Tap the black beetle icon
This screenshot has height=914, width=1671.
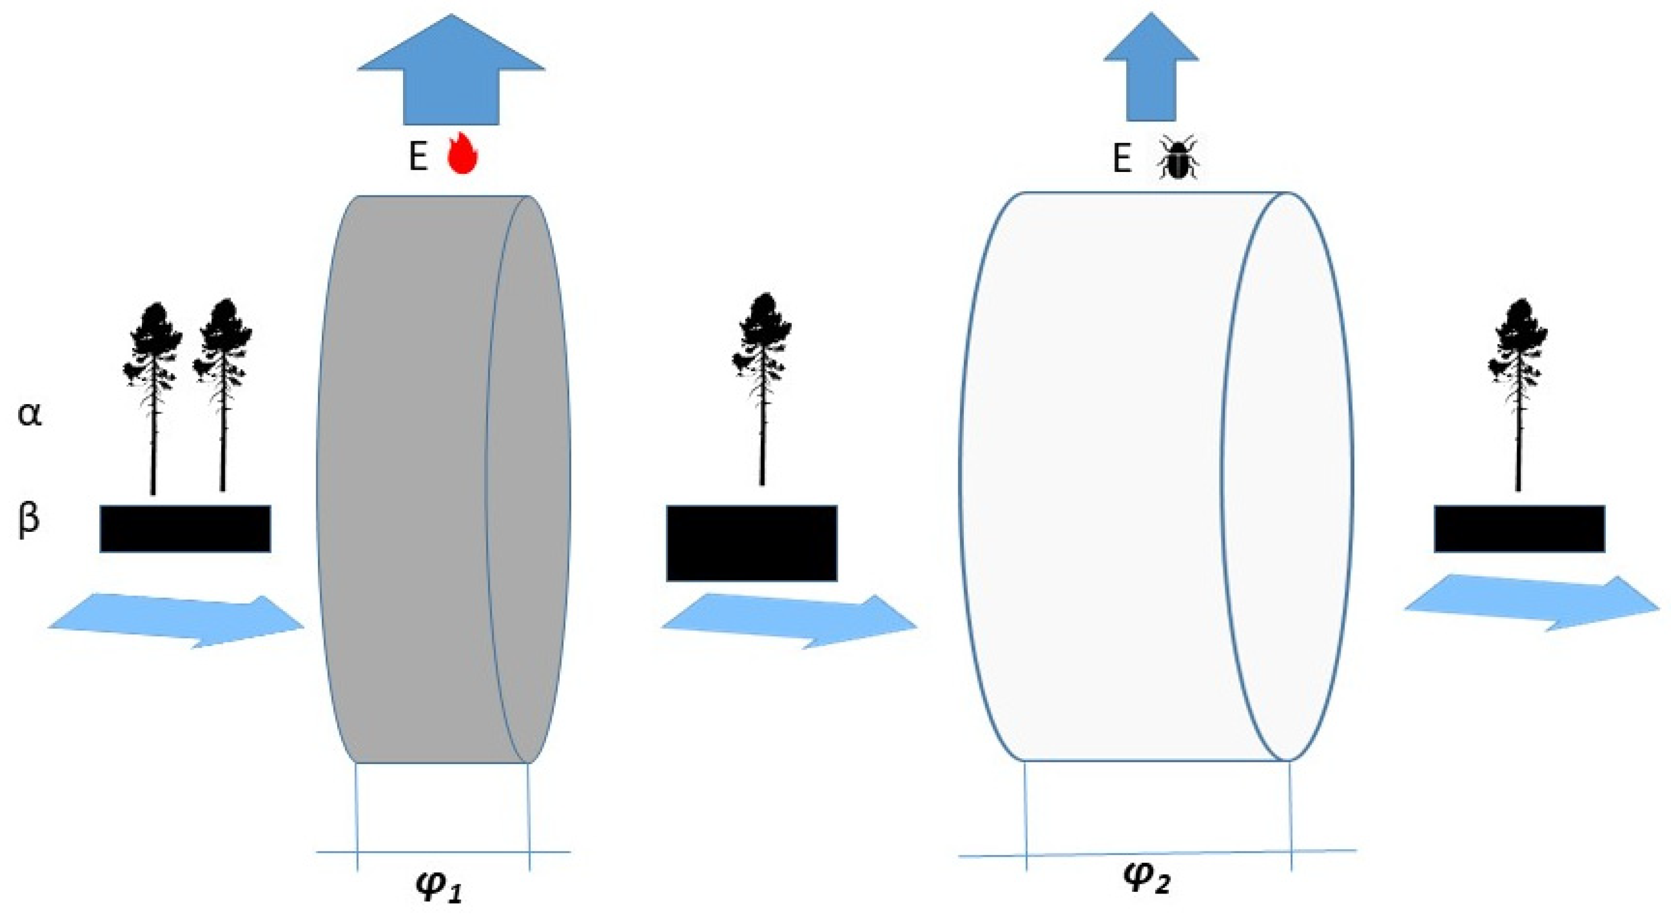coord(1178,157)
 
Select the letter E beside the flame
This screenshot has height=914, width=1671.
coord(418,157)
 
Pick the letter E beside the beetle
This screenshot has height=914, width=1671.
coord(1122,159)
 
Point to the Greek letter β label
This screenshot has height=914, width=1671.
coord(28,519)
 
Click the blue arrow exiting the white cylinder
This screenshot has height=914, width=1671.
coord(1531,603)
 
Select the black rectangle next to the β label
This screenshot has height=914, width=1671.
coord(185,529)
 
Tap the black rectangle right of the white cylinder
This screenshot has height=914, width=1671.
coord(1519,529)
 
